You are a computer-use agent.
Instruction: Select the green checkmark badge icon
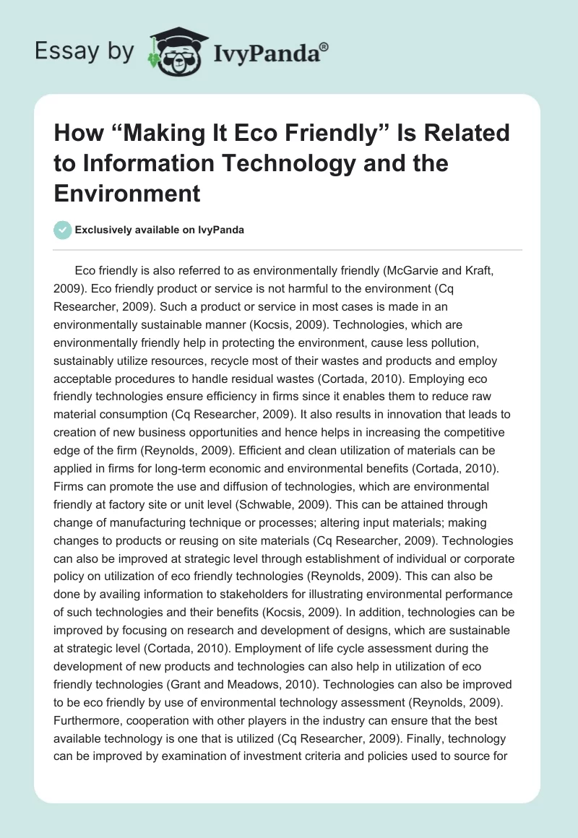62,230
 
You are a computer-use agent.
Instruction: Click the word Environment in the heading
127,193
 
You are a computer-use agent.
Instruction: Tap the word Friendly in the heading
345,134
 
